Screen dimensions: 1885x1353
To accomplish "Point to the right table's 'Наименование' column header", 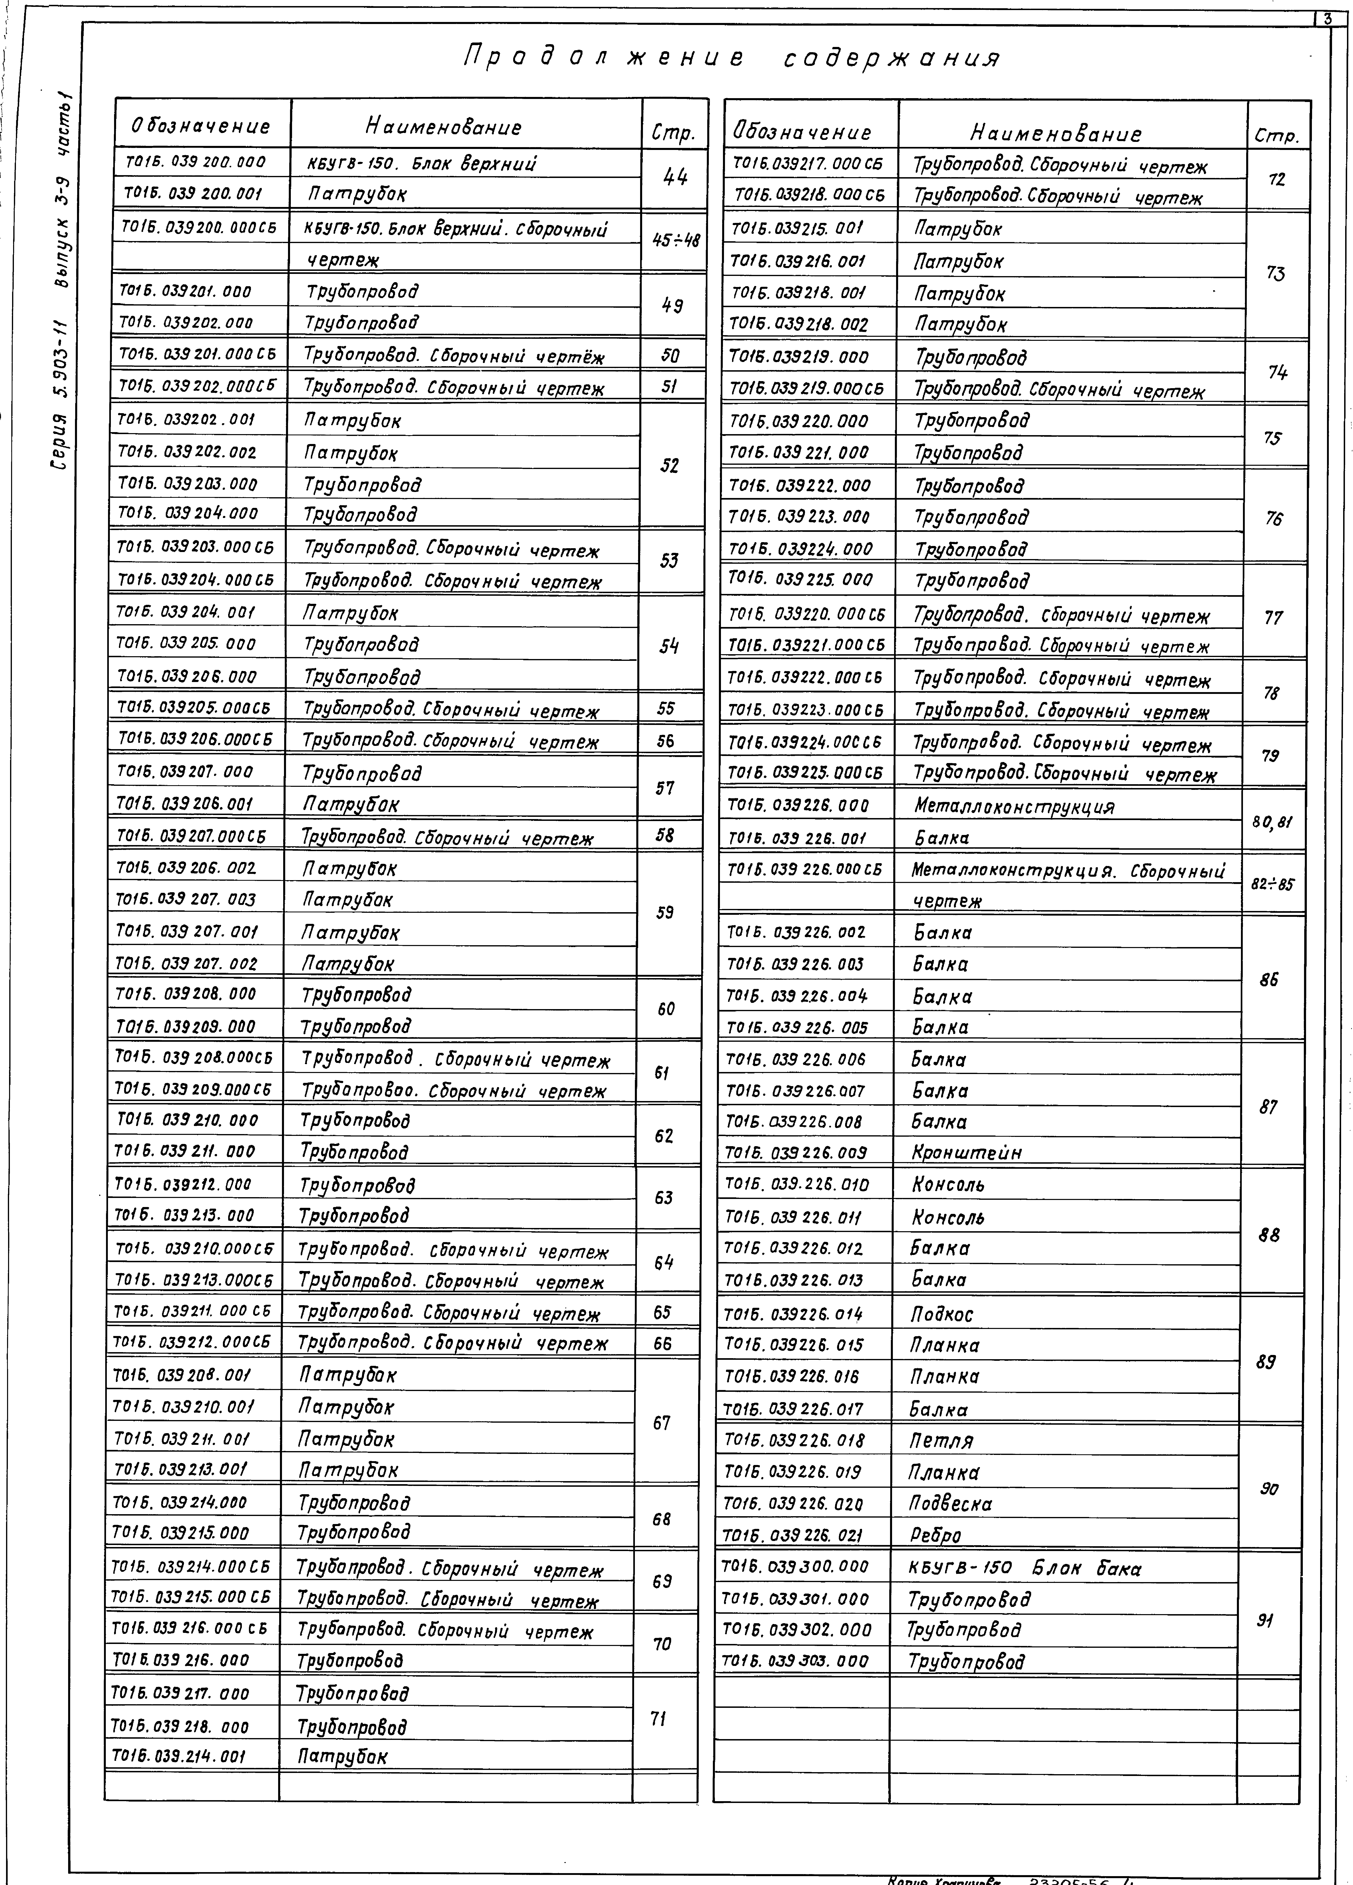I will point(1056,133).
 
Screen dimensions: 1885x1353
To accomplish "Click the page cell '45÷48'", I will point(675,240).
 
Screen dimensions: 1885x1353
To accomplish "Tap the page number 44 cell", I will point(675,177).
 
